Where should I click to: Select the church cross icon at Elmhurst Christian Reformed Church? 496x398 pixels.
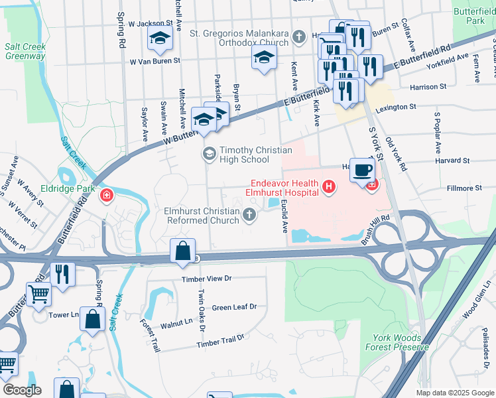click(249, 214)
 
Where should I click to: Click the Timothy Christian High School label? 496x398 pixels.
click(245, 155)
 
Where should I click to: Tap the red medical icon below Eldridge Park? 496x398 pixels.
click(106, 195)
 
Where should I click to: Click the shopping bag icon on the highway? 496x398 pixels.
click(182, 251)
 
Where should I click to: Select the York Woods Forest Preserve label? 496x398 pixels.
click(397, 342)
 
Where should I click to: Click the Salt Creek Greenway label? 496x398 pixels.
click(25, 52)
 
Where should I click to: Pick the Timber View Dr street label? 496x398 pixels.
click(209, 279)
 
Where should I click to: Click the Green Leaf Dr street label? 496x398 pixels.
click(234, 307)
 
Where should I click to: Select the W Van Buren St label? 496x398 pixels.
click(155, 62)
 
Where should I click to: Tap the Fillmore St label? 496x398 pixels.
click(464, 188)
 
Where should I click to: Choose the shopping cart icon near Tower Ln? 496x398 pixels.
click(38, 294)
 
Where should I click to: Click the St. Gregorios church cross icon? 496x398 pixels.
click(299, 36)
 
